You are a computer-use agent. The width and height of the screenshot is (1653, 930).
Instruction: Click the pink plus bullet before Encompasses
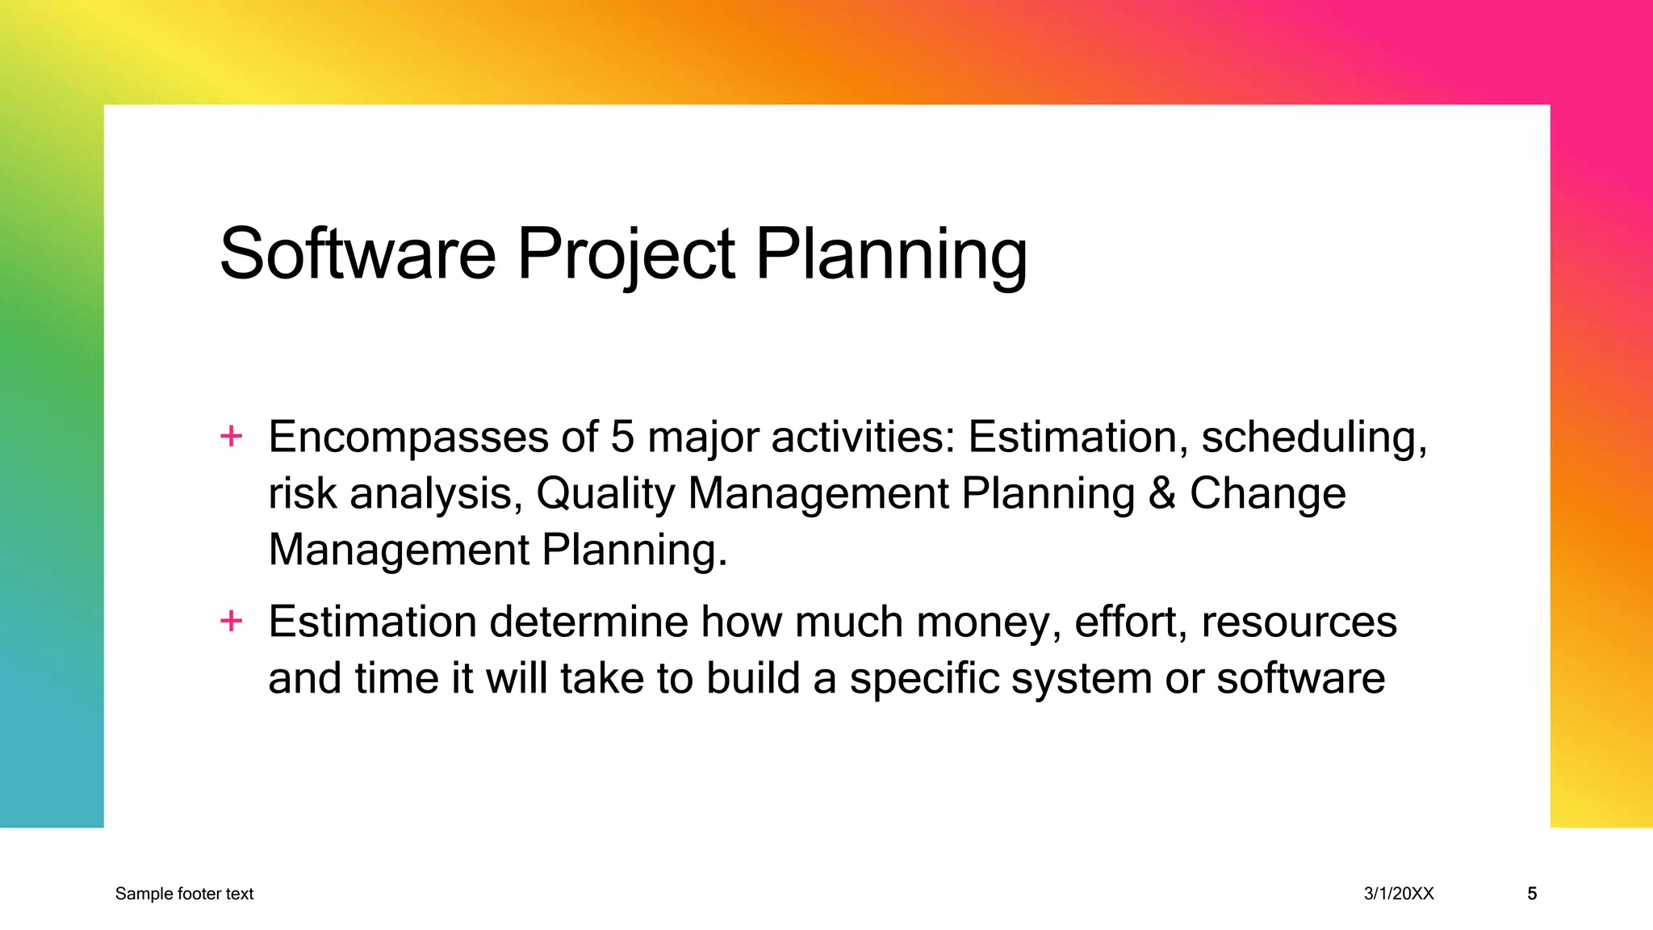[231, 436]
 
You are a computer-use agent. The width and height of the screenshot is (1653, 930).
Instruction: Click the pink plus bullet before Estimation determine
[231, 621]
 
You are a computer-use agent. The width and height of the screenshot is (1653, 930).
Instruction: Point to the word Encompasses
[408, 437]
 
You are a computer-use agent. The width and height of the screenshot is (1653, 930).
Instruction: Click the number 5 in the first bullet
[622, 437]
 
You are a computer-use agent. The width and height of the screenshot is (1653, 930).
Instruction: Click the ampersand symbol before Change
[1161, 493]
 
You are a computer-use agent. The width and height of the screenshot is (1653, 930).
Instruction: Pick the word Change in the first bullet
[1267, 493]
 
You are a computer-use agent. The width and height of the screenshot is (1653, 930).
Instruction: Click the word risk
[302, 493]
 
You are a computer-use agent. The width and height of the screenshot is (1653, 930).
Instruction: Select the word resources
[1299, 622]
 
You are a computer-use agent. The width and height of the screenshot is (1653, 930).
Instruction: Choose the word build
[753, 678]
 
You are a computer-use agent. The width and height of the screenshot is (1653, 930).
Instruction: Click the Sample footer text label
[184, 894]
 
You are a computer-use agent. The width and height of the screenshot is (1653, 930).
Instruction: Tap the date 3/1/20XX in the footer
[1399, 894]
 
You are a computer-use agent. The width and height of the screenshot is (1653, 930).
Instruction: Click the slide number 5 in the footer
[1532, 894]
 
